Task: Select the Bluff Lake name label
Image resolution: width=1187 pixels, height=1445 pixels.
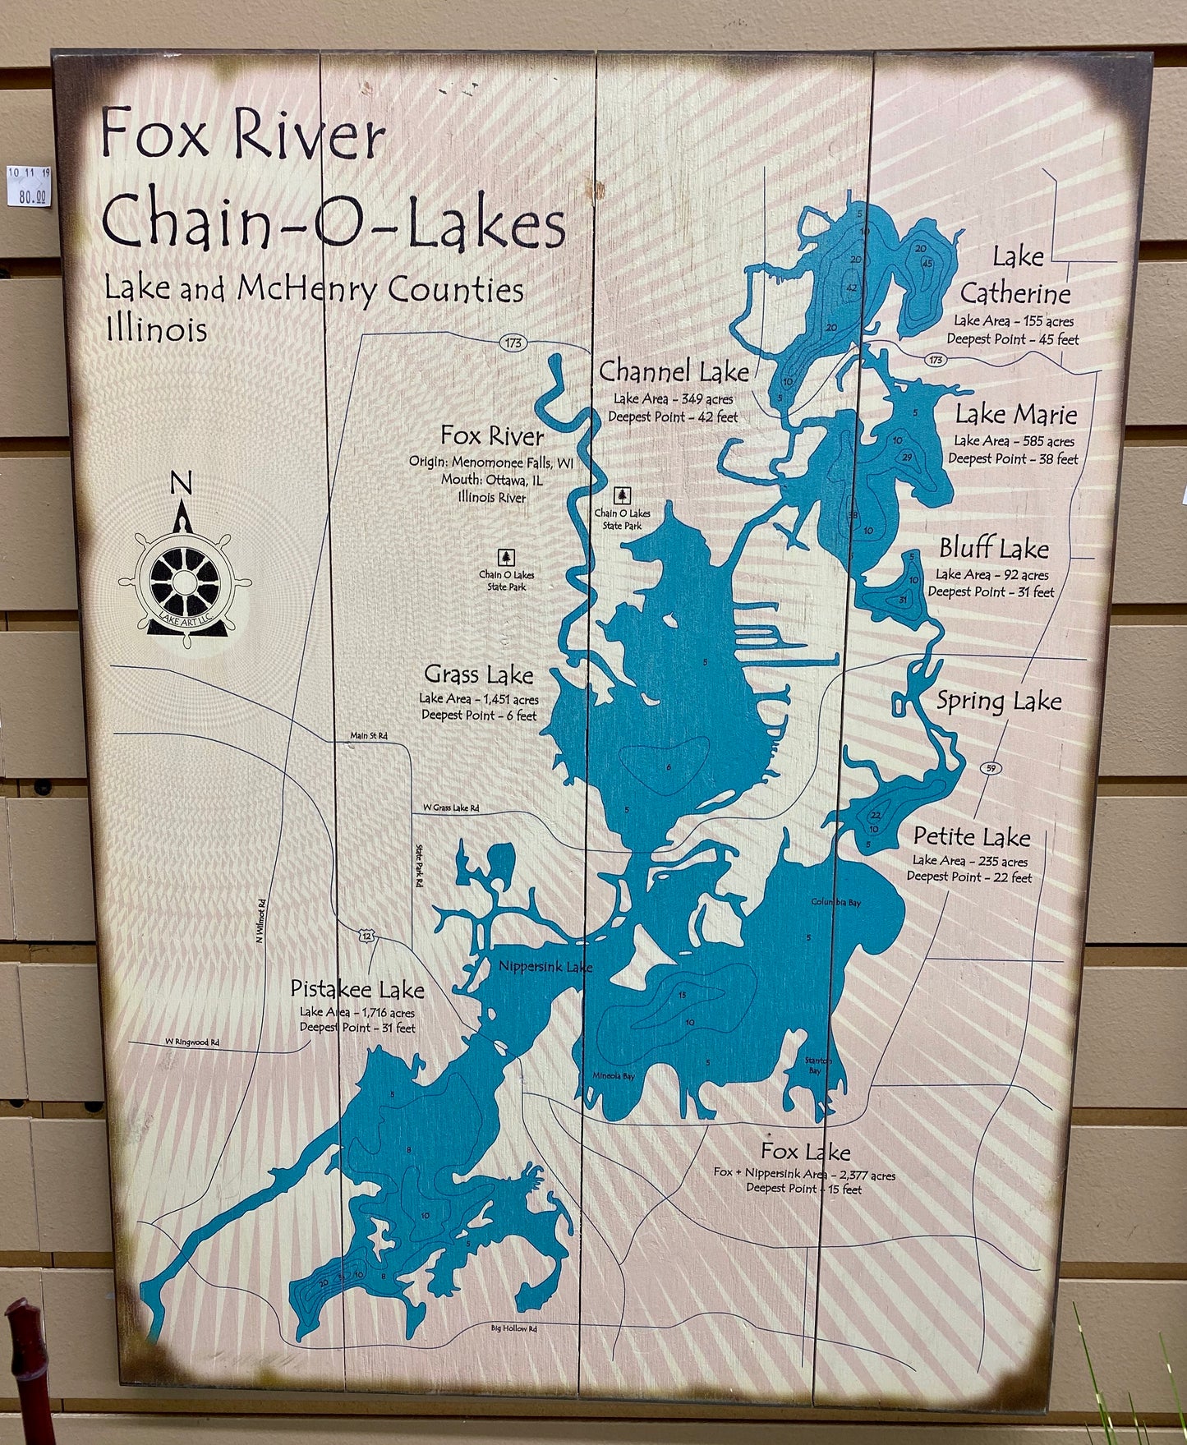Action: click(994, 548)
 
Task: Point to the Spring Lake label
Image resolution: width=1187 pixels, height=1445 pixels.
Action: click(999, 702)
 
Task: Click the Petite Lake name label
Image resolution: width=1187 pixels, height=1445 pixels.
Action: click(972, 837)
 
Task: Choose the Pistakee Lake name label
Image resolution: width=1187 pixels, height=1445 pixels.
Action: click(357, 990)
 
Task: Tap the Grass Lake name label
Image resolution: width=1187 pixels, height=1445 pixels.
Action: click(478, 675)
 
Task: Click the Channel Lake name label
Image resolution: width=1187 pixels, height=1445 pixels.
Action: click(674, 372)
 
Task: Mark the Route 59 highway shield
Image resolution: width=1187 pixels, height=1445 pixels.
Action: click(991, 767)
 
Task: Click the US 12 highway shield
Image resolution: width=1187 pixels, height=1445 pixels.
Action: click(366, 935)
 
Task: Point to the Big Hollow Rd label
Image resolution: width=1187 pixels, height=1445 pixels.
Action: click(513, 1351)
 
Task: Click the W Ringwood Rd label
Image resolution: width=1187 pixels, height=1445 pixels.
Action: click(192, 1042)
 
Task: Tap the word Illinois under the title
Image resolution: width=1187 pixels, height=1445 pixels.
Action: click(156, 329)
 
